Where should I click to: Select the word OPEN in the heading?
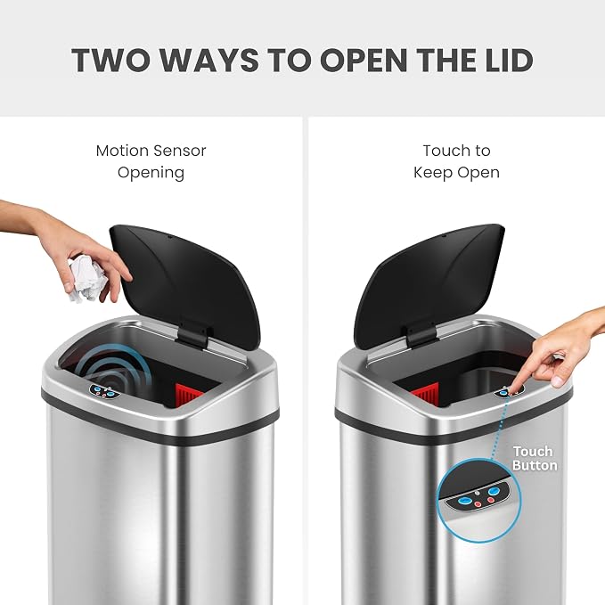pos(364,61)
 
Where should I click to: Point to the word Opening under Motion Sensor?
pos(151,173)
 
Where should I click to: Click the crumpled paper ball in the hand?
pos(86,280)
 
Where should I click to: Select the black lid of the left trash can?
pos(185,285)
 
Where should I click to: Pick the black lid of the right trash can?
pos(429,285)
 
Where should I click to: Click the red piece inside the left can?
pos(189,395)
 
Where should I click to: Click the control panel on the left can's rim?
pos(102,390)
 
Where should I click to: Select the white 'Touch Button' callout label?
pos(535,458)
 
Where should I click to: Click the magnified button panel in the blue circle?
pos(476,498)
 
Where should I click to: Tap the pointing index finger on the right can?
pos(520,379)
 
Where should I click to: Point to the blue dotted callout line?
pos(498,427)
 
